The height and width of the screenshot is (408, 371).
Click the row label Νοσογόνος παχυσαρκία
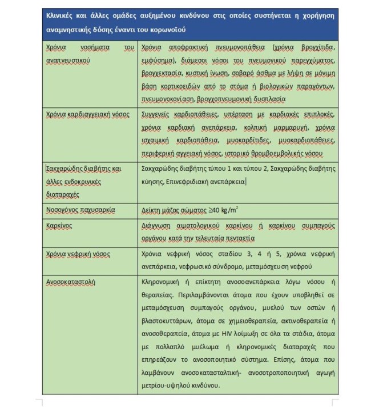[x=80, y=210]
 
